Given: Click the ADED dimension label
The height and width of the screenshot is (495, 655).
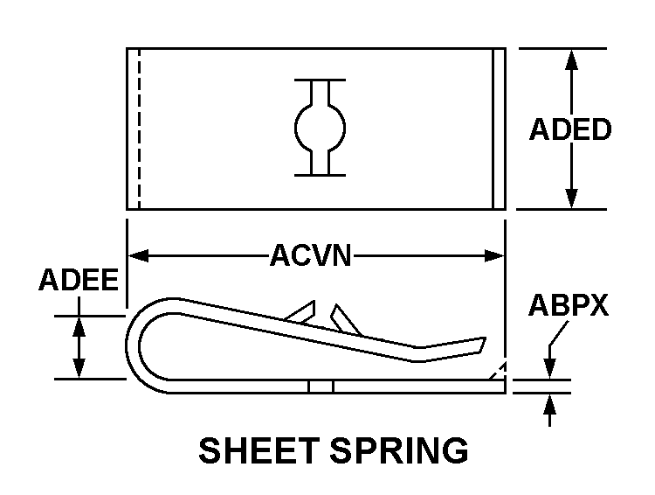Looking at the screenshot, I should pos(570,129).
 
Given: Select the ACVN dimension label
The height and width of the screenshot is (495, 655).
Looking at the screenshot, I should pos(310,256).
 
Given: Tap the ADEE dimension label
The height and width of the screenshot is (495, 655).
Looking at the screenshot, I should pos(79,281).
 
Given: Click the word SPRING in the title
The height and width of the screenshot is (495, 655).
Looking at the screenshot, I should pos(398,451).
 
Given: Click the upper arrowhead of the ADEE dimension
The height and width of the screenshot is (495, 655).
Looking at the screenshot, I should pos(79,324).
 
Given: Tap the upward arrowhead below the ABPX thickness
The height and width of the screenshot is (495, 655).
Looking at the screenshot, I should pos(550,403).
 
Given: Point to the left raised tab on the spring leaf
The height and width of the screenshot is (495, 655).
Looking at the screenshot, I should pos(303,310).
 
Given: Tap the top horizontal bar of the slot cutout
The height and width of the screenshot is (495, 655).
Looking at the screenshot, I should pos(320,80).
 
